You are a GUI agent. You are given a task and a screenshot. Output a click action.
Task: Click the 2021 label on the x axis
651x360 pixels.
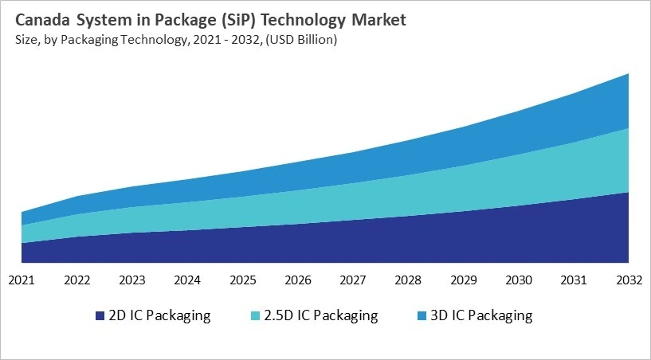click(x=22, y=280)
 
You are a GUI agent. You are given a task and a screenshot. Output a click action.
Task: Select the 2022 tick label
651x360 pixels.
click(x=76, y=280)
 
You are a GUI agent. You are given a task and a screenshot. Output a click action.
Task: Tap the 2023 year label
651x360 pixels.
click(x=131, y=280)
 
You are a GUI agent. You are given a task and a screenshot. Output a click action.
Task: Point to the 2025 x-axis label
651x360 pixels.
click(x=242, y=280)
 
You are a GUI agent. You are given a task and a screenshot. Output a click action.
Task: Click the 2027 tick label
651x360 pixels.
click(x=353, y=280)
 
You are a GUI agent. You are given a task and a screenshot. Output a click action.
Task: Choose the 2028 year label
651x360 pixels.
click(x=408, y=280)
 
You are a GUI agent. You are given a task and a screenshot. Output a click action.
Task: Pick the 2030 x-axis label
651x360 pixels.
click(x=519, y=280)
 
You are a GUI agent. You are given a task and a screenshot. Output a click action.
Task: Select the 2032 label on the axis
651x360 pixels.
click(x=629, y=280)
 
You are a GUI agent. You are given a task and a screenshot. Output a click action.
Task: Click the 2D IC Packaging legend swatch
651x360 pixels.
click(x=100, y=316)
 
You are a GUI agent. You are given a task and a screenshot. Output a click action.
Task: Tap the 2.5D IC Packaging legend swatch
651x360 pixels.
click(x=255, y=316)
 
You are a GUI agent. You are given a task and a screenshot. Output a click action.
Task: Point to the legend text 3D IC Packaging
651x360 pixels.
click(x=480, y=315)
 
